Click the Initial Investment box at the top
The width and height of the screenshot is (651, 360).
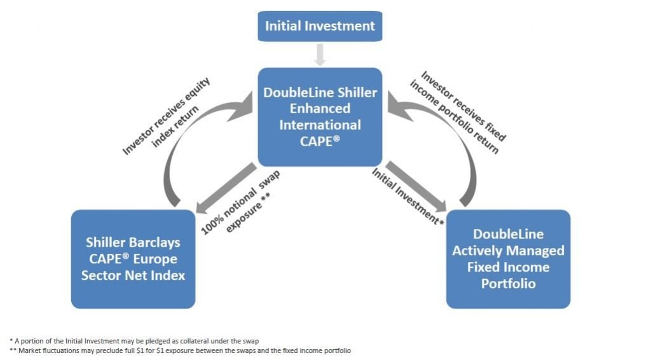pos(320,26)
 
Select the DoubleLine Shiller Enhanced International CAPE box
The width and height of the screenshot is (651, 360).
pos(320,117)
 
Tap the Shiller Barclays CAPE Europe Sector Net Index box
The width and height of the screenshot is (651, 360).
pos(132,259)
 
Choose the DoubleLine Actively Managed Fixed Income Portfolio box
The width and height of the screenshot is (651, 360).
pos(508,259)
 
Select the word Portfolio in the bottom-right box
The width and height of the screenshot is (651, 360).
pos(508,283)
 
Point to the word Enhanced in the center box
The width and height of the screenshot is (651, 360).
pos(320,109)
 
